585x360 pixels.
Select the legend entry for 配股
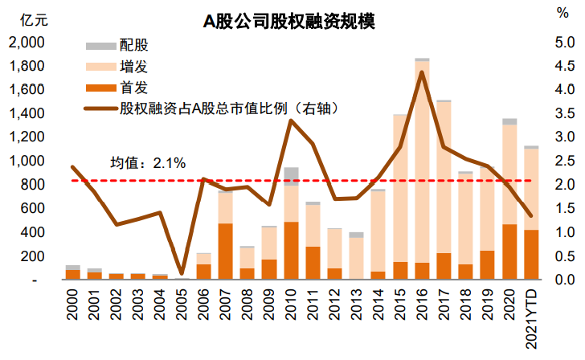[133, 46]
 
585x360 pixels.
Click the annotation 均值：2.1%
[148, 162]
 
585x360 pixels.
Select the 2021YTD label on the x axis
[531, 313]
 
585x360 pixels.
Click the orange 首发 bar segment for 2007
[225, 252]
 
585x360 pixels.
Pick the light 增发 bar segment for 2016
[422, 161]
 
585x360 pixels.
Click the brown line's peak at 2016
[422, 72]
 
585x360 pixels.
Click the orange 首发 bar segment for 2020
[509, 252]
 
